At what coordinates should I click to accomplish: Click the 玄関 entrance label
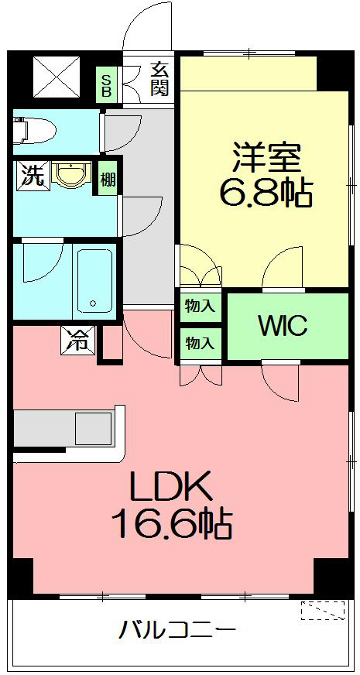click(159, 78)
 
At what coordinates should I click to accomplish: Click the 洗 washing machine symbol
click(31, 175)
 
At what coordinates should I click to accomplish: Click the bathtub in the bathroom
click(94, 280)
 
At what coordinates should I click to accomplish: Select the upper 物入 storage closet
click(200, 305)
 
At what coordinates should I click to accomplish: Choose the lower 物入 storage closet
click(200, 341)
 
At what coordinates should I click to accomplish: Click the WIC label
click(283, 325)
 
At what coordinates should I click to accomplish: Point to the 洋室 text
click(263, 159)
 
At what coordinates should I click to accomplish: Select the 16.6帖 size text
click(172, 526)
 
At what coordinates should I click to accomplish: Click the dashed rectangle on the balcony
click(323, 611)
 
